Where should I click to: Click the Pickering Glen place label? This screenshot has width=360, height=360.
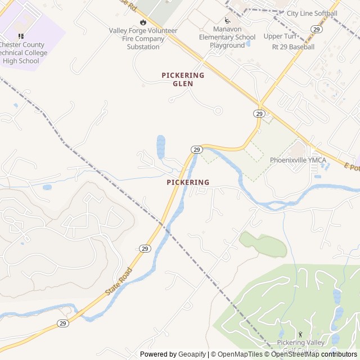(x=183, y=79)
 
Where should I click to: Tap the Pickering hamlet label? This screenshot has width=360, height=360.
(x=188, y=182)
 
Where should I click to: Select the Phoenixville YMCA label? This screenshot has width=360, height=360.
(x=298, y=160)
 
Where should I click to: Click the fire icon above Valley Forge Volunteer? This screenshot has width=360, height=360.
(x=143, y=21)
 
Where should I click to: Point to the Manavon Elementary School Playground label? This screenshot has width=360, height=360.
(x=234, y=37)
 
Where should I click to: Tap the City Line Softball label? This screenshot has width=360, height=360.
(x=312, y=13)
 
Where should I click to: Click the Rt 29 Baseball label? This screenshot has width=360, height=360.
(x=293, y=47)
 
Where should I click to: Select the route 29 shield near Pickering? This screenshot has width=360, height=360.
(x=196, y=149)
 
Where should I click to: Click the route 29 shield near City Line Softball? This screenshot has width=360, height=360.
(x=317, y=29)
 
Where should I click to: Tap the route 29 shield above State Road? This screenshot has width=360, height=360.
(x=145, y=248)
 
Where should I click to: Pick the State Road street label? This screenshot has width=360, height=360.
(x=119, y=282)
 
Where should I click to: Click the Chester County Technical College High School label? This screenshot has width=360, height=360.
(x=20, y=53)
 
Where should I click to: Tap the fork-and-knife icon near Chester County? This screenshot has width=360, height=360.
(x=21, y=37)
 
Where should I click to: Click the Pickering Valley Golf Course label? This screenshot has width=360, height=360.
(x=300, y=346)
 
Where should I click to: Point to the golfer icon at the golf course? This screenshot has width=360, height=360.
(x=300, y=334)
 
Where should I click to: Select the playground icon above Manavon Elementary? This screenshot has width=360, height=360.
(x=227, y=21)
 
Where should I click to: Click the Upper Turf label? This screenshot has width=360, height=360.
(x=280, y=37)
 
